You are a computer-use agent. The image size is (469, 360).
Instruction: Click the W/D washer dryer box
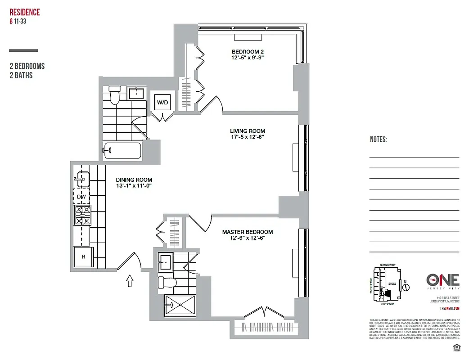tap(162, 103)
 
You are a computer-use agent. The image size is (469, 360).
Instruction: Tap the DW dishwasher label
tap(81, 197)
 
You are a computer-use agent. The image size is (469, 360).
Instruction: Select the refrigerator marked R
tap(83, 257)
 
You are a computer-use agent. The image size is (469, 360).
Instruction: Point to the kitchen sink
tap(82, 179)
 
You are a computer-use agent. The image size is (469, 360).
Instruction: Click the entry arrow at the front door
tap(130, 281)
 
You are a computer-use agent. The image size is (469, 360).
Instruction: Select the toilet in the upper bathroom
tap(115, 96)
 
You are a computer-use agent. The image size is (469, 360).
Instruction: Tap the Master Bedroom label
tap(247, 232)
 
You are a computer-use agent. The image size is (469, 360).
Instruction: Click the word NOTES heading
tap(378, 140)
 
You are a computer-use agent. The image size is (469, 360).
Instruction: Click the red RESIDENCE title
tap(25, 12)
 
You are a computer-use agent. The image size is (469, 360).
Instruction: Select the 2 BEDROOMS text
tap(27, 66)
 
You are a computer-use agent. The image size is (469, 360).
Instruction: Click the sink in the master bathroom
tap(165, 262)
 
